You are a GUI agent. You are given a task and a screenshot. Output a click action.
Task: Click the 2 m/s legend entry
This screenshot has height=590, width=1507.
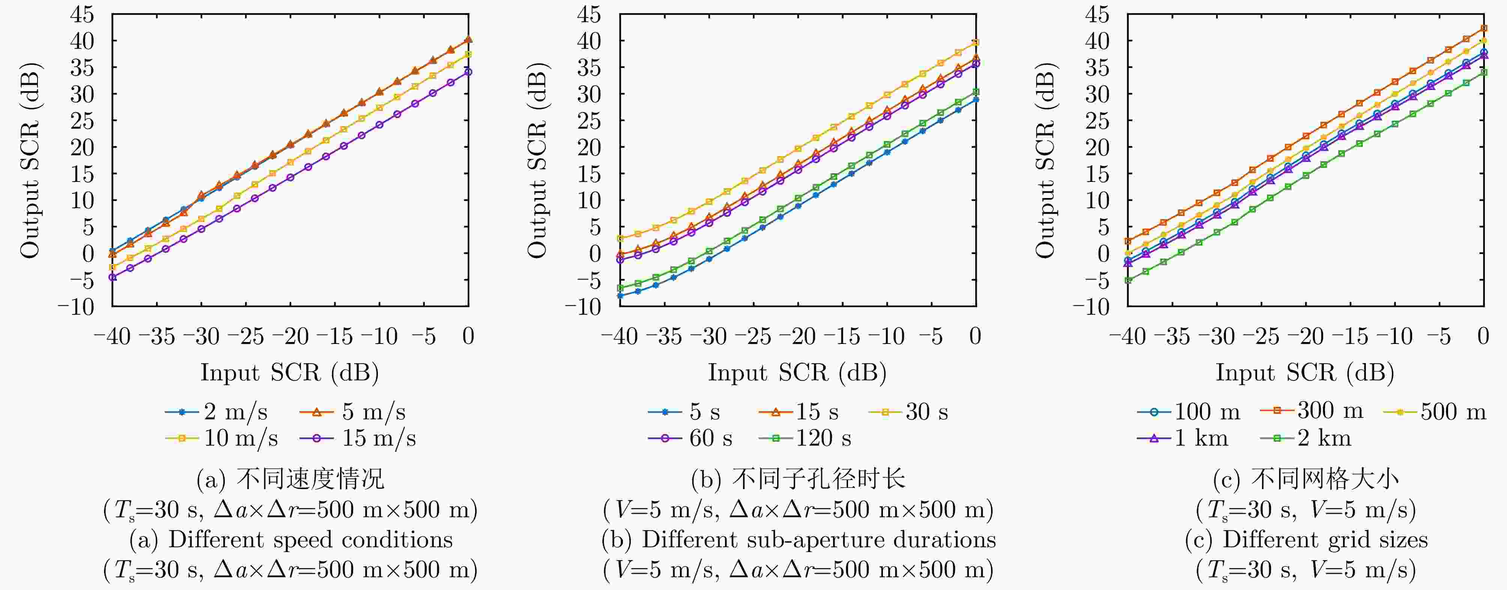point(217,412)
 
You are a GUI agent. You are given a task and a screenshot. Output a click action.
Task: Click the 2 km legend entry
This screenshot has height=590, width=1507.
point(1306,438)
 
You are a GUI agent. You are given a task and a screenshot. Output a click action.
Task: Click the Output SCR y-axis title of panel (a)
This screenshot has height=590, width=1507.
point(30,160)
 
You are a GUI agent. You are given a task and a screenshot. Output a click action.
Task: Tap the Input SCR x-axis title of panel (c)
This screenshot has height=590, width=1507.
point(1305,372)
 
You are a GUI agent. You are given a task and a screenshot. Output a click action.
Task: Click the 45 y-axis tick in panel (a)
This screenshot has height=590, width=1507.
point(82,15)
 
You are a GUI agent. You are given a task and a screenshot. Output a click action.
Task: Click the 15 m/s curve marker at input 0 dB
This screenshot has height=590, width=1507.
point(468,72)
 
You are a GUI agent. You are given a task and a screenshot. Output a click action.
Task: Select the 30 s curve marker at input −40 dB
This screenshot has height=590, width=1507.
point(620,239)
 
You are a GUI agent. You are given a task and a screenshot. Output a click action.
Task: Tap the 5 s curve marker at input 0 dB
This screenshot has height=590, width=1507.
point(975,99)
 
